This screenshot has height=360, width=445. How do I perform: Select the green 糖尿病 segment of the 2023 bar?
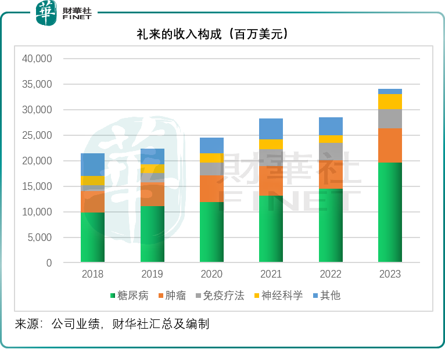390,212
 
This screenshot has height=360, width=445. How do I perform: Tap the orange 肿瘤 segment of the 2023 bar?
390,145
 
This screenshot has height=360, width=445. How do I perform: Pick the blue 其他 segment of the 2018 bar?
92,164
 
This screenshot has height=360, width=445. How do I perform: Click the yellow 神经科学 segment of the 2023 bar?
390,102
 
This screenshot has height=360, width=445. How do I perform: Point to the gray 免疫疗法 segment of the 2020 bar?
211,168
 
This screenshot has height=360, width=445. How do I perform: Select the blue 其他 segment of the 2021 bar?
271,128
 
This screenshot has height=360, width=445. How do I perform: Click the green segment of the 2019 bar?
152,234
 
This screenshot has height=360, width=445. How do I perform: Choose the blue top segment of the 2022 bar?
331,126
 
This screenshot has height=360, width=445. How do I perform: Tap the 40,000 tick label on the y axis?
37,59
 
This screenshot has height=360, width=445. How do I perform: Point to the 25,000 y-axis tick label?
37,135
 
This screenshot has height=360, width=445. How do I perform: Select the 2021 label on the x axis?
271,274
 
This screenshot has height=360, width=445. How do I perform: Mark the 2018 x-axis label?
92,274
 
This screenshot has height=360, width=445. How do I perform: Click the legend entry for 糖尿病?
129,296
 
